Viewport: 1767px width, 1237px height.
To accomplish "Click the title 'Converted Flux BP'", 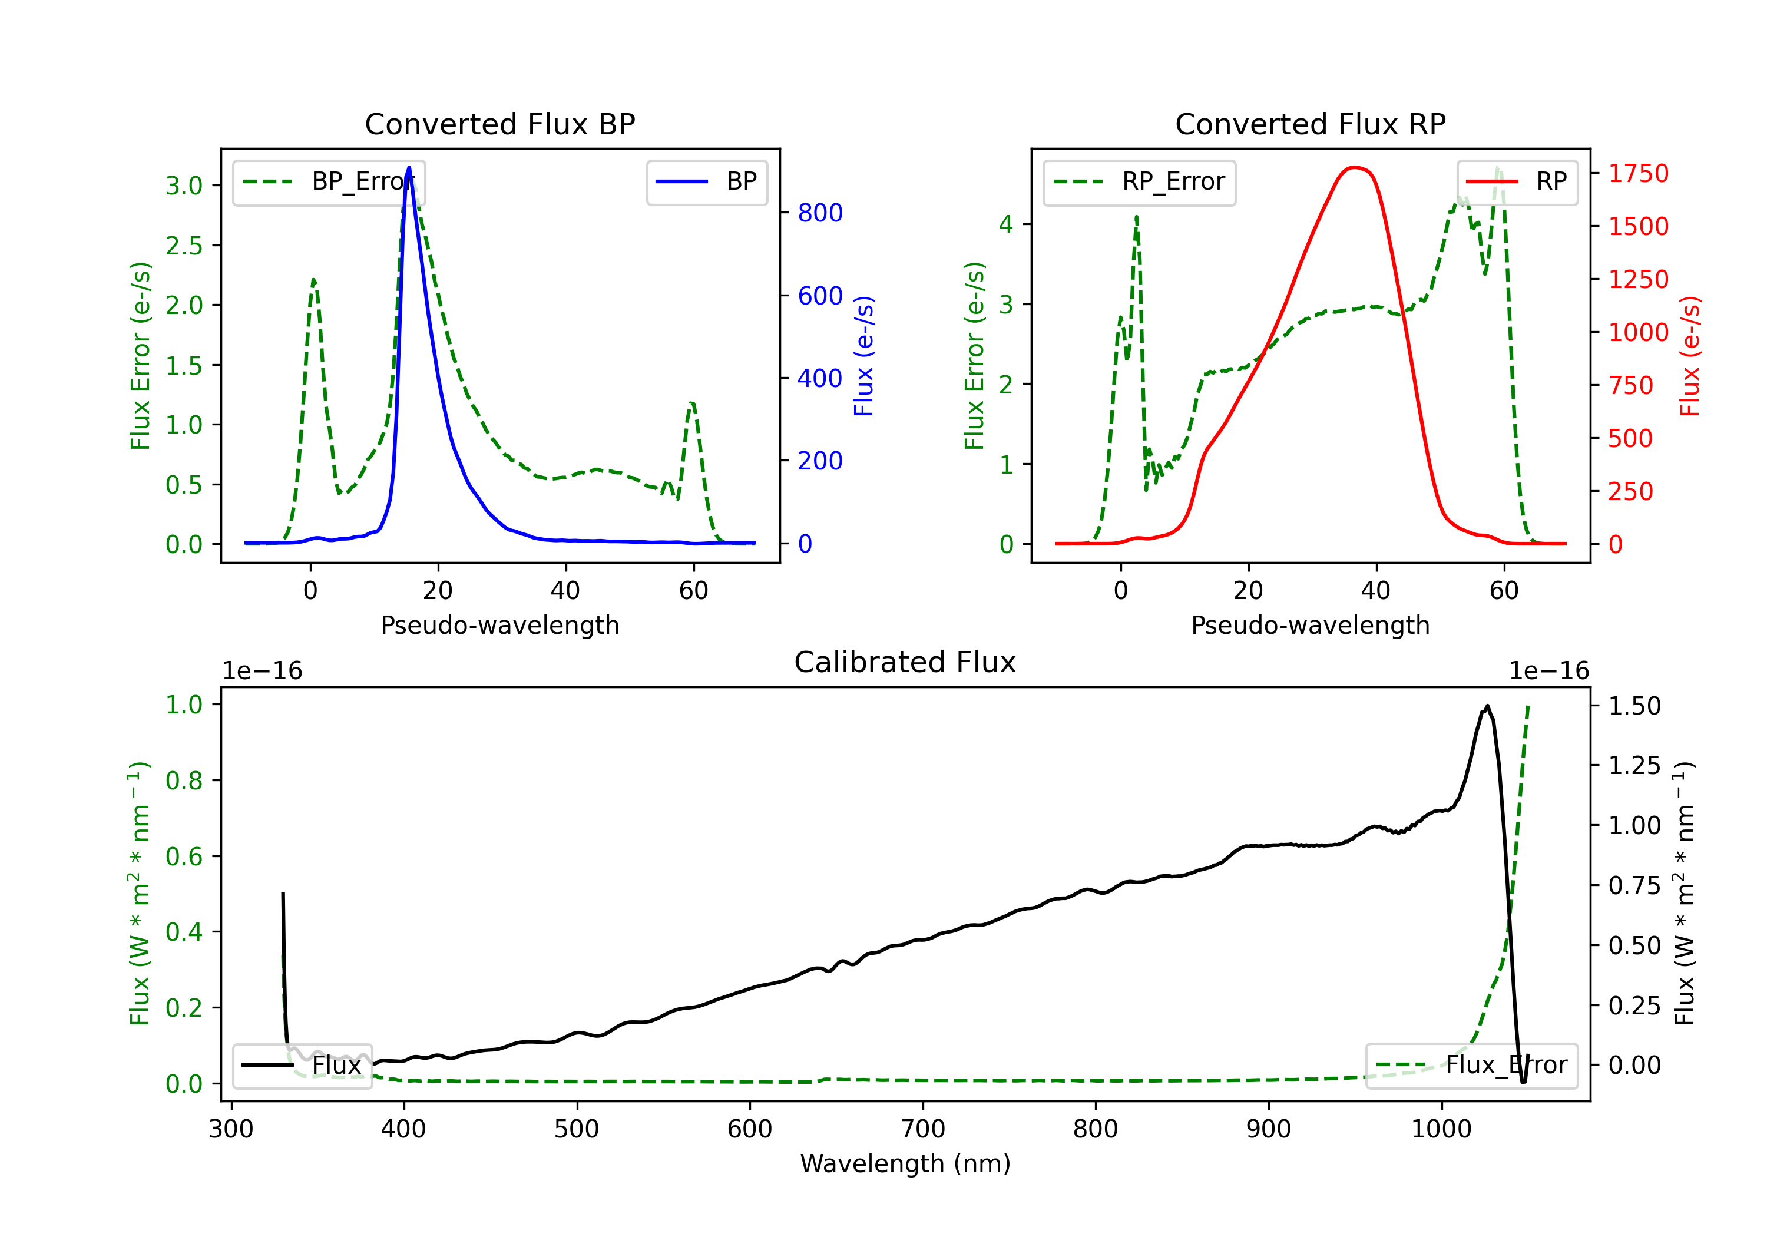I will click(499, 124).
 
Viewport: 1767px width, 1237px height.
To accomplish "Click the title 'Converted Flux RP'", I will click(1310, 124).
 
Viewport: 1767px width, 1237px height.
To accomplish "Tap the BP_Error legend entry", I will click(329, 181).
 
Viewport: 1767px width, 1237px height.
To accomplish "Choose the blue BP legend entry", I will click(706, 181).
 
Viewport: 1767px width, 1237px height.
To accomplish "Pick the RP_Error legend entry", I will click(1139, 181).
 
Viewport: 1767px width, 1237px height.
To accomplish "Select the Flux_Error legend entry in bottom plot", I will click(1471, 1066).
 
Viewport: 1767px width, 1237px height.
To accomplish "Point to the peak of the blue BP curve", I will click(409, 167).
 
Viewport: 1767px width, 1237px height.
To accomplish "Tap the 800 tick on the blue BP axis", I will click(820, 213).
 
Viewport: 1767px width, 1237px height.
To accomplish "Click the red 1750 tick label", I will click(1639, 173).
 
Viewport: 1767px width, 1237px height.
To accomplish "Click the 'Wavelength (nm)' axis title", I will click(905, 1163).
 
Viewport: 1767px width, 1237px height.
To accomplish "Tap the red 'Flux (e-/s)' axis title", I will click(1689, 356).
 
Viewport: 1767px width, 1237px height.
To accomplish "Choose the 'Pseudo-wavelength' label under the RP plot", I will click(1310, 625).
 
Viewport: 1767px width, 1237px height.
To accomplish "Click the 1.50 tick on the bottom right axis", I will click(1634, 706).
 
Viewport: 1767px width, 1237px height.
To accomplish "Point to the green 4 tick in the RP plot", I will click(1006, 225).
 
